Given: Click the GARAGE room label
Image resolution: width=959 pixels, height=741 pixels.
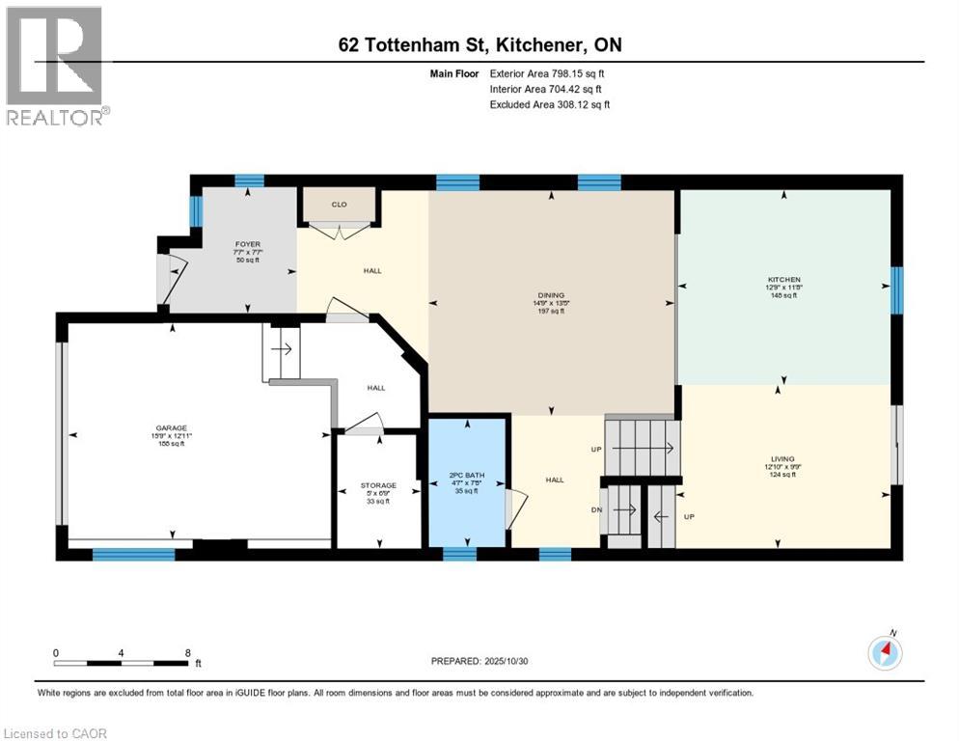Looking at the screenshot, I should click(172, 427).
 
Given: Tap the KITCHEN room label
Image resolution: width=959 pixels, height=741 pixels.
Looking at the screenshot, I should click(783, 280).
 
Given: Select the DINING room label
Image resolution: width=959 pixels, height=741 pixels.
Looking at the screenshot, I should click(552, 295).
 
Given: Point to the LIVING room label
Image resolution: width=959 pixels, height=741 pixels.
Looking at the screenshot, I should click(781, 459).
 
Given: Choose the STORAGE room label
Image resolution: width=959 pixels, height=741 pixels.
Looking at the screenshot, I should click(378, 485).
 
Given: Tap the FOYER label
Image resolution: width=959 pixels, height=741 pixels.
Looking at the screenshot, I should click(248, 244).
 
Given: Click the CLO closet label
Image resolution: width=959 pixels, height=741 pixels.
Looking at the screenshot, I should click(339, 205).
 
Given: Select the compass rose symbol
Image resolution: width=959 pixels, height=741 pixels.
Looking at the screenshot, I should click(885, 653).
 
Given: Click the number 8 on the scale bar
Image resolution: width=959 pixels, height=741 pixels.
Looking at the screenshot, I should click(186, 652).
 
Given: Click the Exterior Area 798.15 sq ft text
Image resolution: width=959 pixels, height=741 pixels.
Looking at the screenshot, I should click(547, 72).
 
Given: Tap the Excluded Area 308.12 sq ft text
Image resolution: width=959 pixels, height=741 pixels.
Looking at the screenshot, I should click(550, 104).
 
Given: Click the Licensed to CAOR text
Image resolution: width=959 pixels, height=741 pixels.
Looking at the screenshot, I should click(55, 733).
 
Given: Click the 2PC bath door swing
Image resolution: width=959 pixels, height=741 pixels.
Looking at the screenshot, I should click(516, 506).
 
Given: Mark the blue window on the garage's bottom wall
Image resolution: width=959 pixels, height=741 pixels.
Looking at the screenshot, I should click(133, 554).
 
